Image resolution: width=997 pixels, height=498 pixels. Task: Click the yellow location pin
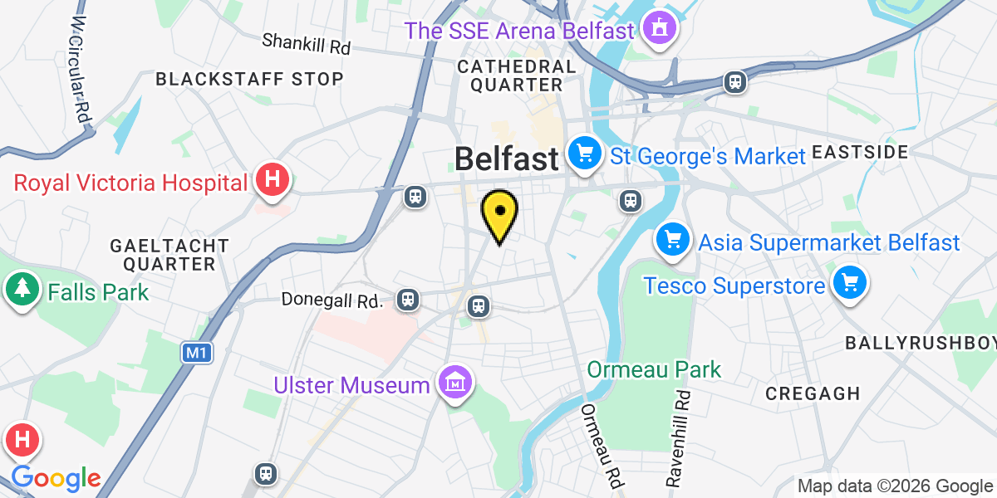[x=499, y=213]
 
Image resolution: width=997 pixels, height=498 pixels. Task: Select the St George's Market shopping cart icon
[x=585, y=154]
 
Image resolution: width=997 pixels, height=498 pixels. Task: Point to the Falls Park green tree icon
[x=21, y=290]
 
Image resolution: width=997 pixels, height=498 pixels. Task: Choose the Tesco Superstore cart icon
[x=848, y=284]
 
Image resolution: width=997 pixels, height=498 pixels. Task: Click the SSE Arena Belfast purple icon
[x=660, y=32]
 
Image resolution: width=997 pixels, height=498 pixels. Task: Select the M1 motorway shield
[x=196, y=353]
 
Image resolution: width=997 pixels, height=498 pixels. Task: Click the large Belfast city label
[x=507, y=159]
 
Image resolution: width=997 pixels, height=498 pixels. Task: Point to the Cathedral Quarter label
[x=516, y=75]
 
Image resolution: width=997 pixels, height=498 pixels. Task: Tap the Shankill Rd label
[x=306, y=43]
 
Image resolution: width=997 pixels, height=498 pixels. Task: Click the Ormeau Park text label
[x=655, y=369]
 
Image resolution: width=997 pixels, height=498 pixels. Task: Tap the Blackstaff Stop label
[x=249, y=79]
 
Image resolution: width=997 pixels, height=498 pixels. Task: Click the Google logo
[x=56, y=478]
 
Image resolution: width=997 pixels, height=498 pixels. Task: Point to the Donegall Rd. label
[x=332, y=298]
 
